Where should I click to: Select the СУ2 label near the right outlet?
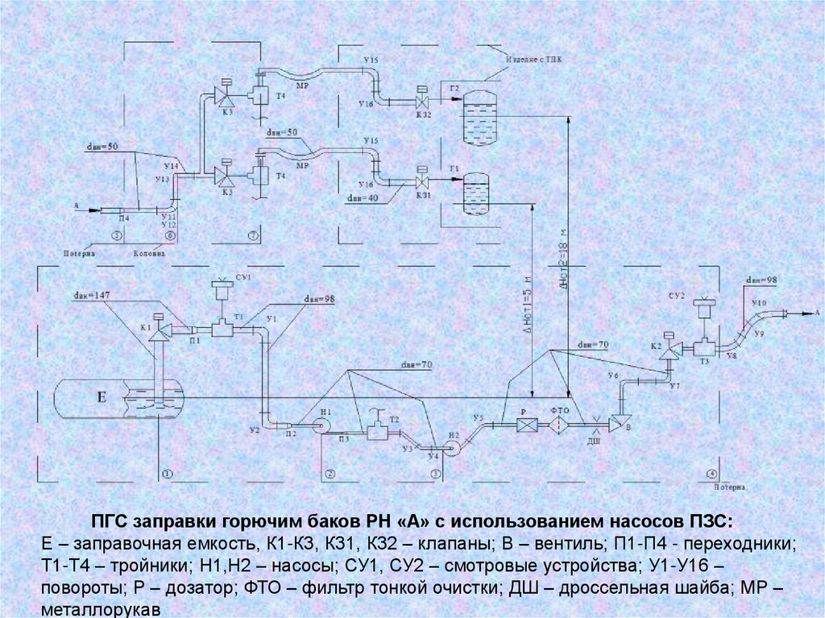675,296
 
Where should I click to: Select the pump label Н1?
325,412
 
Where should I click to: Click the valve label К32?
424,114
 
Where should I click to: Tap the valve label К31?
423,195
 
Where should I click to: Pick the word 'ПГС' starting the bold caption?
105,518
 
